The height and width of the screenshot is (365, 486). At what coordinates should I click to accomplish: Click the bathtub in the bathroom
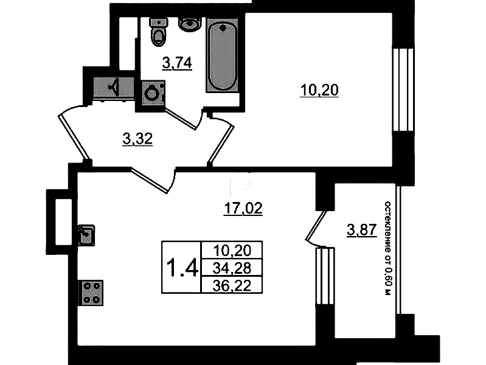pos(223,55)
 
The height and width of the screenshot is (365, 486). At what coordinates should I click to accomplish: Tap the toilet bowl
pos(158,32)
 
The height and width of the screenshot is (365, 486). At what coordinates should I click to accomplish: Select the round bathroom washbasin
pos(190,24)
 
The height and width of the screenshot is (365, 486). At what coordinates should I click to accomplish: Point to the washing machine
pos(153,92)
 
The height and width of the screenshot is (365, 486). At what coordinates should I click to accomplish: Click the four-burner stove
pos(91,293)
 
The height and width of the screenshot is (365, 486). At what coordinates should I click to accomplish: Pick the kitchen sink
pos(86,235)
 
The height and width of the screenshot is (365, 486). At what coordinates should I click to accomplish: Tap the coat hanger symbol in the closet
pos(115,87)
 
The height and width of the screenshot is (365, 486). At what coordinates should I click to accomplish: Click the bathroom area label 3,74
pos(177,63)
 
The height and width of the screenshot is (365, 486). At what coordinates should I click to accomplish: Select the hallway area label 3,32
pos(137,139)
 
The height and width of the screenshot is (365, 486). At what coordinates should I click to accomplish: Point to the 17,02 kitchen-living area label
pos(243,209)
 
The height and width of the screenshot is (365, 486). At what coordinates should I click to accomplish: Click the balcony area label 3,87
pos(362,230)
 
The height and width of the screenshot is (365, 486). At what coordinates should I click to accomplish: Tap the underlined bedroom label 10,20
pos(319,90)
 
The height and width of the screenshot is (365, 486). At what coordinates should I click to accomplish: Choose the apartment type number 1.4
pos(182,268)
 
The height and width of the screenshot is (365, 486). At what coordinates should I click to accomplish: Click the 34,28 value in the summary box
pos(232,268)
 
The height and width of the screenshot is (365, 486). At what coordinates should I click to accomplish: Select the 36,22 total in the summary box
pos(232,285)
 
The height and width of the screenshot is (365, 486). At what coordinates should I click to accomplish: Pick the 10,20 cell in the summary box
pos(232,250)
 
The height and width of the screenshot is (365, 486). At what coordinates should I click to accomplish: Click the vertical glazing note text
pos(387,248)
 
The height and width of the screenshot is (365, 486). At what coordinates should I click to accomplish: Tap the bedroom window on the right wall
pos(403,89)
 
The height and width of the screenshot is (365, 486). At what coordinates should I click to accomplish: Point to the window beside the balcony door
pos(325,276)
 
